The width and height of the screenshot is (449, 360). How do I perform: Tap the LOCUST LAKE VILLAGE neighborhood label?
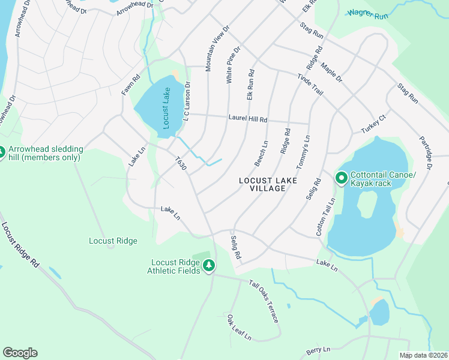click(262, 184)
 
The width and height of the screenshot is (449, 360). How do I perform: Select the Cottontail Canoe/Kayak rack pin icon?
click(341, 178)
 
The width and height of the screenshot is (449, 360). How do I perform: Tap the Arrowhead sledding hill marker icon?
click(2, 152)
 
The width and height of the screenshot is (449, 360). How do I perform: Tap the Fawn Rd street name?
click(130, 85)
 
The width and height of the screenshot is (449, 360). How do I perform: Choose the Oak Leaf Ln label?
click(238, 327)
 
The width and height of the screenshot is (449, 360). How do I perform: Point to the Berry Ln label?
click(318, 349)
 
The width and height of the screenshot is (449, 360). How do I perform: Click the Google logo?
click(20, 352)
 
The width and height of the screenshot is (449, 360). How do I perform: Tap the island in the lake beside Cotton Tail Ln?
click(366, 204)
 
